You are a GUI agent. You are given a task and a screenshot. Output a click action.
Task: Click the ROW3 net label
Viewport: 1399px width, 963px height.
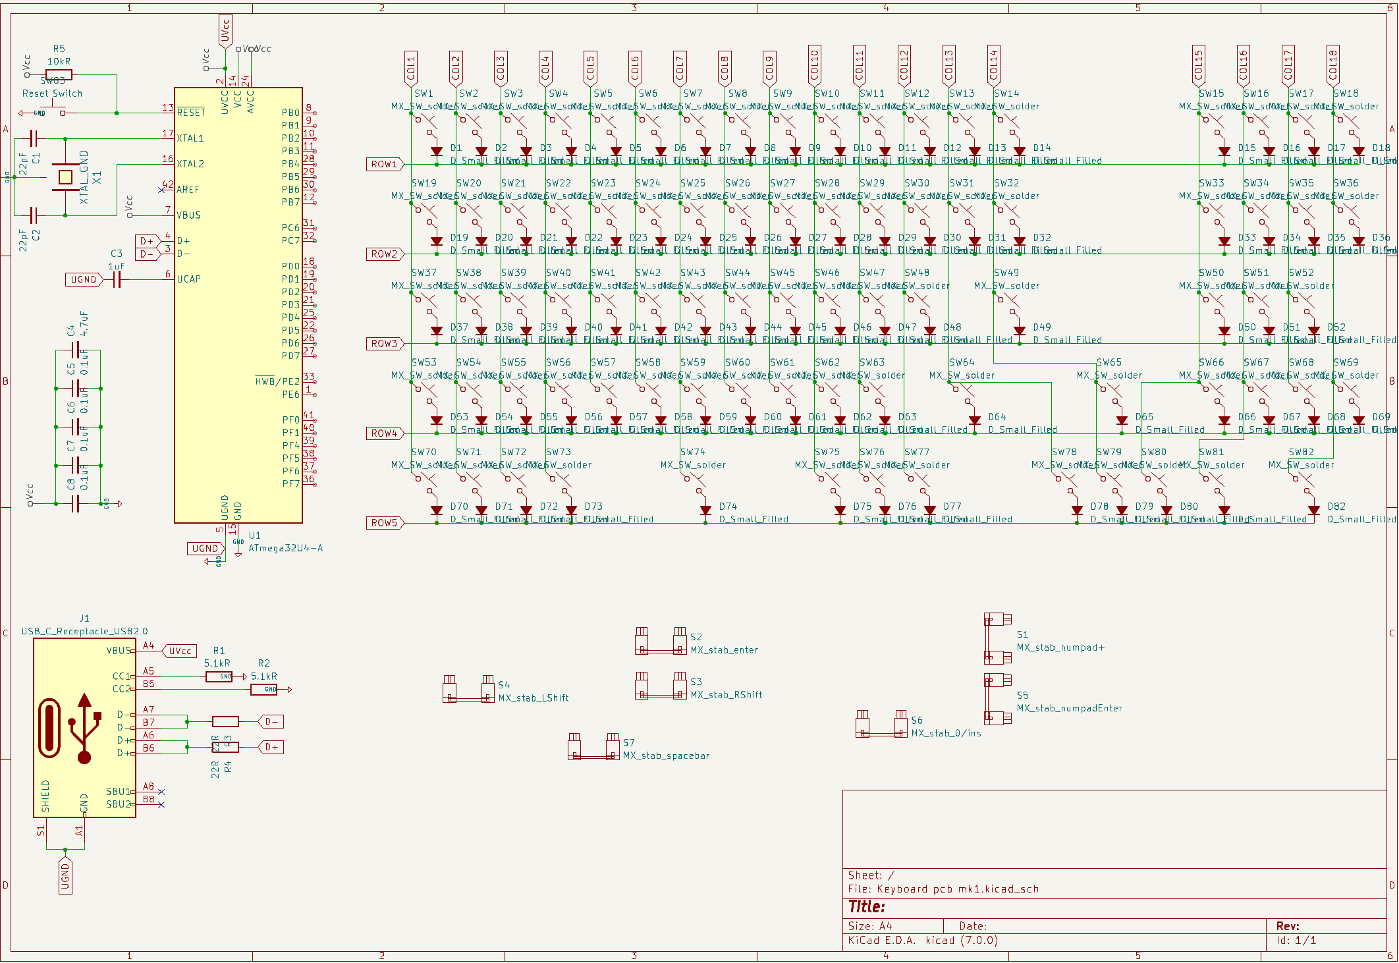click(384, 344)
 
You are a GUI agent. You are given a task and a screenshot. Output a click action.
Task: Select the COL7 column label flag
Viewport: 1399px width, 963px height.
click(680, 68)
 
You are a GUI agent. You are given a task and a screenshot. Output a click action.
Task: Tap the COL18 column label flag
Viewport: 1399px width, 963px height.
click(1332, 66)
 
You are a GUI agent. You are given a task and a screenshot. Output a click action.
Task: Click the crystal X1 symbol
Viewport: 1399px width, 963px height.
click(65, 177)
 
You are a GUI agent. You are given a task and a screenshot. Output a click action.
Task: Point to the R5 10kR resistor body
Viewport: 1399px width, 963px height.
click(59, 75)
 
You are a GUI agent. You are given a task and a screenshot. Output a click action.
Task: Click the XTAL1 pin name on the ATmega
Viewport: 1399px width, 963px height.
click(190, 138)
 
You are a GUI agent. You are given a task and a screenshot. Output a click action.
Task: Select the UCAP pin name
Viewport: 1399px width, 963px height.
click(188, 279)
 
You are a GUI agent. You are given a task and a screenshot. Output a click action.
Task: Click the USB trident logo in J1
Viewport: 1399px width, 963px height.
click(84, 728)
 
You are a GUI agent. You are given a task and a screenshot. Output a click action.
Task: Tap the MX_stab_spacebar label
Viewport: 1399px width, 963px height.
click(666, 756)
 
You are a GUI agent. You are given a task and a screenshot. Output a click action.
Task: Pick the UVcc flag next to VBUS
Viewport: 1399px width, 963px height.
click(180, 651)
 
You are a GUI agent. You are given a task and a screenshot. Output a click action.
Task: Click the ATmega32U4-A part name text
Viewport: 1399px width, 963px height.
click(285, 548)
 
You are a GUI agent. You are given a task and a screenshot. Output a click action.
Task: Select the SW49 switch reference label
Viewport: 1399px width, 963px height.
click(1006, 273)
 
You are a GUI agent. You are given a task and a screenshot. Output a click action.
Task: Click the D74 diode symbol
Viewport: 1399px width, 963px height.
click(705, 510)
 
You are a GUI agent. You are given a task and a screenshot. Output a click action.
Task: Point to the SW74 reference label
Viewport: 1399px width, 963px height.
click(692, 452)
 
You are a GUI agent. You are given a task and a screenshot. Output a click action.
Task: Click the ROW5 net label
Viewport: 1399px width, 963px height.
click(384, 523)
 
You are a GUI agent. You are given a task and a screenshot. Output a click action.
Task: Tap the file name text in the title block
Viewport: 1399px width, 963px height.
click(943, 889)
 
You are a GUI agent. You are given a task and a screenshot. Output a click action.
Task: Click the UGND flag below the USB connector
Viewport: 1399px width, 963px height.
click(65, 876)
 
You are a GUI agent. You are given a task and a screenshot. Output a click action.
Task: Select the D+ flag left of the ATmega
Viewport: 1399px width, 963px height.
click(148, 241)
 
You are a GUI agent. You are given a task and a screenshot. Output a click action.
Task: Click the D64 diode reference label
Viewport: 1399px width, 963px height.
click(997, 417)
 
